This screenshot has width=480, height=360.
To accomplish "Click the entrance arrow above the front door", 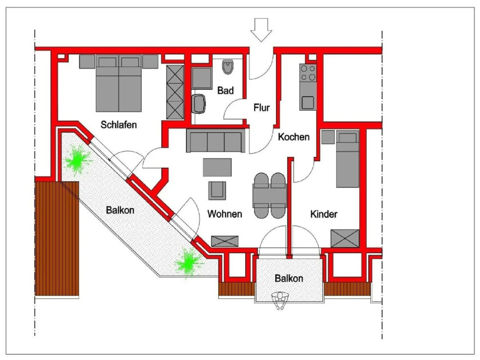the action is (261, 30).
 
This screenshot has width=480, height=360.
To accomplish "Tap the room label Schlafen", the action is (119, 125).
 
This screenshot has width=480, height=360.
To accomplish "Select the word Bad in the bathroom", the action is (225, 90).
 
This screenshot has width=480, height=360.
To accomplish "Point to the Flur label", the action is (262, 108).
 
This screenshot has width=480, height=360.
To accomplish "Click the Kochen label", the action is (294, 137).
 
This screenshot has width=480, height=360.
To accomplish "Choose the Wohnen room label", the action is (225, 214).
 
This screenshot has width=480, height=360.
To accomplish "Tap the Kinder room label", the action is (324, 214).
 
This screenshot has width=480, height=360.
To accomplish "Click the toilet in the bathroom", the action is (228, 67).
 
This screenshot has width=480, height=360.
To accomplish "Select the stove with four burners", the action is (308, 73).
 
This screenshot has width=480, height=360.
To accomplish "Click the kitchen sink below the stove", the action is (308, 103).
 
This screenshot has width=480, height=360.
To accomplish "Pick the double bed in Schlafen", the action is (119, 83).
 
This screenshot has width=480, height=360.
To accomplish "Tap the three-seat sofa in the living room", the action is (216, 140).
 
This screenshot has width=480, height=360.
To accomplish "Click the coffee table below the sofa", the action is (217, 167).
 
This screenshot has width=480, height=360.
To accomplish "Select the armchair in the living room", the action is (217, 191).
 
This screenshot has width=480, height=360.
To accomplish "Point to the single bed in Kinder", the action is (348, 159).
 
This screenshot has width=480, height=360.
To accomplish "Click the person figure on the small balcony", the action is (280, 301).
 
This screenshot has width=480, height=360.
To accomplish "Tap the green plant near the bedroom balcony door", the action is (78, 160).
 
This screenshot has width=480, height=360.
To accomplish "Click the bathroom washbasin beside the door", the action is (199, 104).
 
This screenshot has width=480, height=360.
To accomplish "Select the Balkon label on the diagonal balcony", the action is (120, 210).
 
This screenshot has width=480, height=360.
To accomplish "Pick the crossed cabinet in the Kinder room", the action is (345, 238).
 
